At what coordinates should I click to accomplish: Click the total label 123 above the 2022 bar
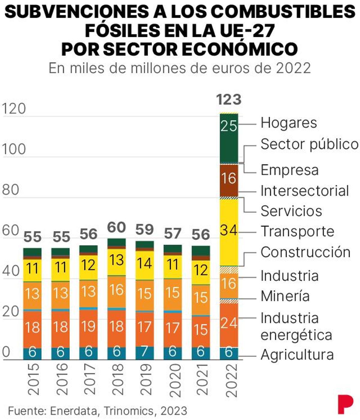pos(229,100)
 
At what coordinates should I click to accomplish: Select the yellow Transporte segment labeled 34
pos(229,231)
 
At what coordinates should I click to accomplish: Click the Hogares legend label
pos(289,123)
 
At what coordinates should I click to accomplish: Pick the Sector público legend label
pos(309,144)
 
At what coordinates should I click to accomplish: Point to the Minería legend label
pos(285,296)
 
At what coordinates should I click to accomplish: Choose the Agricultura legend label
pos(297,355)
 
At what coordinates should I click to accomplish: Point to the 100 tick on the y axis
pos(14,149)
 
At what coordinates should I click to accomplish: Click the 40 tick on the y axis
pos(11,271)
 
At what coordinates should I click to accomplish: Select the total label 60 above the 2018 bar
pos(116,228)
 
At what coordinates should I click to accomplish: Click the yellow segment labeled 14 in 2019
pos(145,263)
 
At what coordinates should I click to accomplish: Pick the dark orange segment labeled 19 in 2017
pos(88,327)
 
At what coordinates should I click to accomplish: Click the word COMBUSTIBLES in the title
pos(283,11)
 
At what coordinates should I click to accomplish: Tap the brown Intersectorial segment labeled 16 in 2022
pos(229,179)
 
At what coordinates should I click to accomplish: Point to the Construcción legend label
pos(305,252)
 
